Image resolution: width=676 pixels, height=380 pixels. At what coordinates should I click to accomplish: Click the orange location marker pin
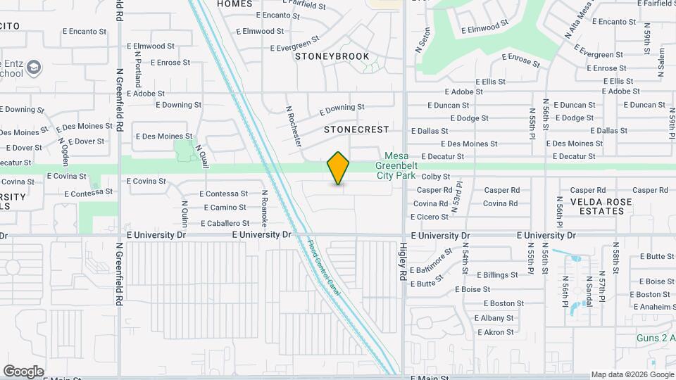coord(339,168)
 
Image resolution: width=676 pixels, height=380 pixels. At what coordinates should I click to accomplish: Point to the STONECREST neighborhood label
coord(356,130)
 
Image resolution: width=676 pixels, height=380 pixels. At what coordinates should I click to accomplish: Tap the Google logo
coord(23,372)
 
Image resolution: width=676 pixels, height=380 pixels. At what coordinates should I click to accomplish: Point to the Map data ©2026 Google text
coord(632,374)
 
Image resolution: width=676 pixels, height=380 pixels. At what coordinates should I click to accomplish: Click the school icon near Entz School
coord(35,68)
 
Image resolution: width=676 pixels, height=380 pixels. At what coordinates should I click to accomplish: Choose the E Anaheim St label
coord(650,307)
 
